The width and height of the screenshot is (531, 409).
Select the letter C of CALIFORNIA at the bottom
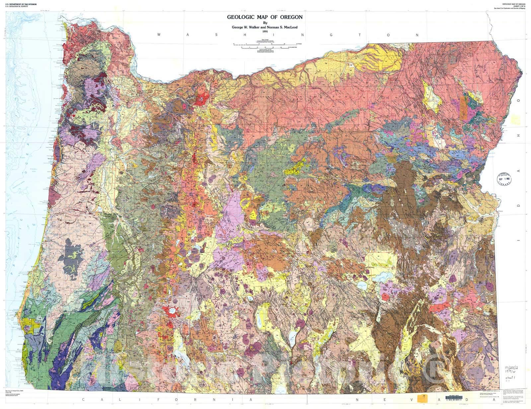click(x=83, y=399)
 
